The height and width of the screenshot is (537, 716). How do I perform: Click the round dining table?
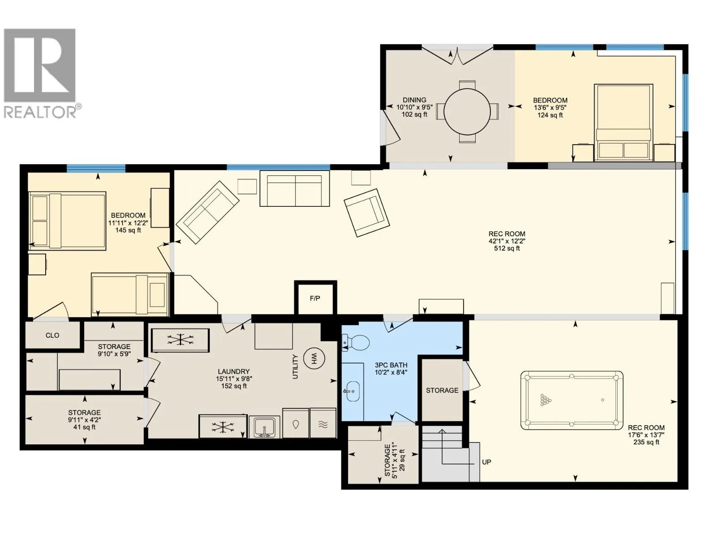pyautogui.click(x=467, y=111)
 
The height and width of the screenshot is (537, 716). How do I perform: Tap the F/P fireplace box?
pyautogui.click(x=315, y=298)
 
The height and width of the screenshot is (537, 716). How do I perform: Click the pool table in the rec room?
pyautogui.click(x=571, y=400)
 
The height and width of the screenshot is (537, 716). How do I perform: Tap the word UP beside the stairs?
pyautogui.click(x=486, y=462)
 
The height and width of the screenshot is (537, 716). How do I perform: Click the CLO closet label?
pyautogui.click(x=52, y=335)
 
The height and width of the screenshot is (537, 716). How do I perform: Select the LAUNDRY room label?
pyautogui.click(x=234, y=371)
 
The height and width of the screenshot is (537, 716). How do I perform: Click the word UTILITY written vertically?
pyautogui.click(x=295, y=367)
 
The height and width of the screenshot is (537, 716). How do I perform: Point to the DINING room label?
pyautogui.click(x=414, y=100)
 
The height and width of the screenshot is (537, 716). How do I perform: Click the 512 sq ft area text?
pyautogui.click(x=507, y=248)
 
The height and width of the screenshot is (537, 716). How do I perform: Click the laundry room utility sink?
pyautogui.click(x=264, y=427)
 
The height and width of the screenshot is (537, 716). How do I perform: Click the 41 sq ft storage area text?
pyautogui.click(x=85, y=427)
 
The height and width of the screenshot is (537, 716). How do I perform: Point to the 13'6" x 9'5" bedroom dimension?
pyautogui.click(x=550, y=107)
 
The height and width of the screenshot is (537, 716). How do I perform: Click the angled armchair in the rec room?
pyautogui.click(x=367, y=212)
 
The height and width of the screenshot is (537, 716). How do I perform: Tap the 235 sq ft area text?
pyautogui.click(x=646, y=442)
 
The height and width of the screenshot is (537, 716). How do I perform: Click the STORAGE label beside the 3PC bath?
pyautogui.click(x=442, y=390)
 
